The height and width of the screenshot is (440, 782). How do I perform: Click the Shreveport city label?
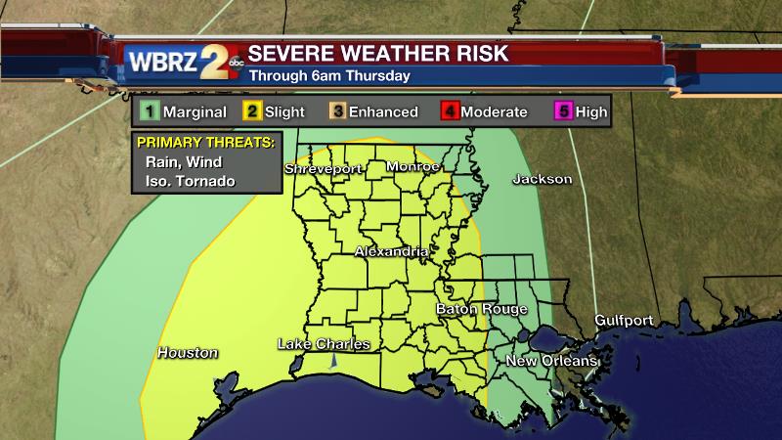[324, 169]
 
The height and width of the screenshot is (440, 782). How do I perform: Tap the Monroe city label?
[413, 167]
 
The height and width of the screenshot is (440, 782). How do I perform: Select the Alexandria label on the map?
[391, 252]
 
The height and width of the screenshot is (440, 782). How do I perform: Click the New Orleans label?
[551, 362]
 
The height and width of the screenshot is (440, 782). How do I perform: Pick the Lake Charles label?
[325, 344]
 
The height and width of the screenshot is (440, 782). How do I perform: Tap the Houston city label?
[188, 353]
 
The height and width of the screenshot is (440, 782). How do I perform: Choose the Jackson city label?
[542, 180]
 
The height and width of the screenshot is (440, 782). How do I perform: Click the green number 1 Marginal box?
[149, 111]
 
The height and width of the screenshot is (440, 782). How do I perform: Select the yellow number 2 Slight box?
[250, 111]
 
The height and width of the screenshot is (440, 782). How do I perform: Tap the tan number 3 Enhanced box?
[338, 111]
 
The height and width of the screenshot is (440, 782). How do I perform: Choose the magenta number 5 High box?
[562, 111]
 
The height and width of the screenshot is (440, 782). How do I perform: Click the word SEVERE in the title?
[286, 53]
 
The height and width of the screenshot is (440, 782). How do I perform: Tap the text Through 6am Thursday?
[328, 75]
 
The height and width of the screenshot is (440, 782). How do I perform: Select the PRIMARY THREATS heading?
[204, 143]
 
